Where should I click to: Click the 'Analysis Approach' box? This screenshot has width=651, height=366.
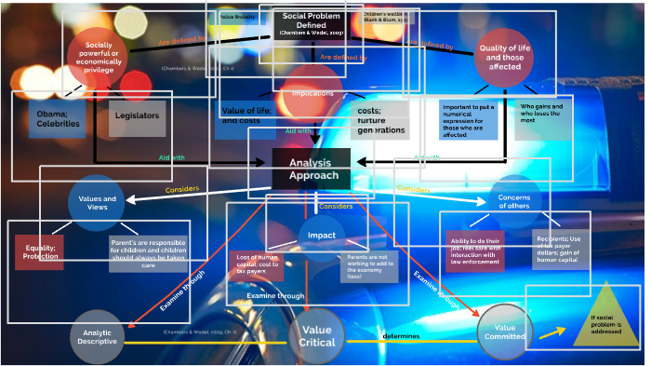311,169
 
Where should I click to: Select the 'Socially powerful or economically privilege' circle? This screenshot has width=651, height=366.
97,57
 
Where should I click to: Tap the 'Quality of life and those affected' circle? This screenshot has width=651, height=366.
504,58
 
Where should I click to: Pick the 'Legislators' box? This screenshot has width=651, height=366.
137,118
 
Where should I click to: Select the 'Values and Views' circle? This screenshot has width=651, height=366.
97,204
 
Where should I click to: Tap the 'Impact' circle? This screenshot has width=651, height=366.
322,236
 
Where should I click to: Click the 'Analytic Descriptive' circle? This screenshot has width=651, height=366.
98,336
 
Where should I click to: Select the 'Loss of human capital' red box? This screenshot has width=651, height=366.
257,265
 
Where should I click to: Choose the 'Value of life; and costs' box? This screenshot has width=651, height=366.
246,117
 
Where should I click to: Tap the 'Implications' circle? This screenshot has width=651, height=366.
313,93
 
